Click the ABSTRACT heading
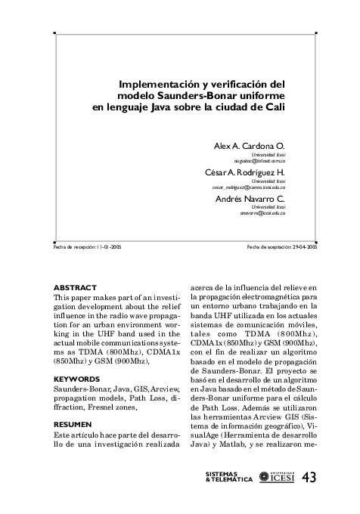pos(76,288)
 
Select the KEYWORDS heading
pos(77,378)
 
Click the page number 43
pos(310,477)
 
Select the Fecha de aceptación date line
pos(282,247)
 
